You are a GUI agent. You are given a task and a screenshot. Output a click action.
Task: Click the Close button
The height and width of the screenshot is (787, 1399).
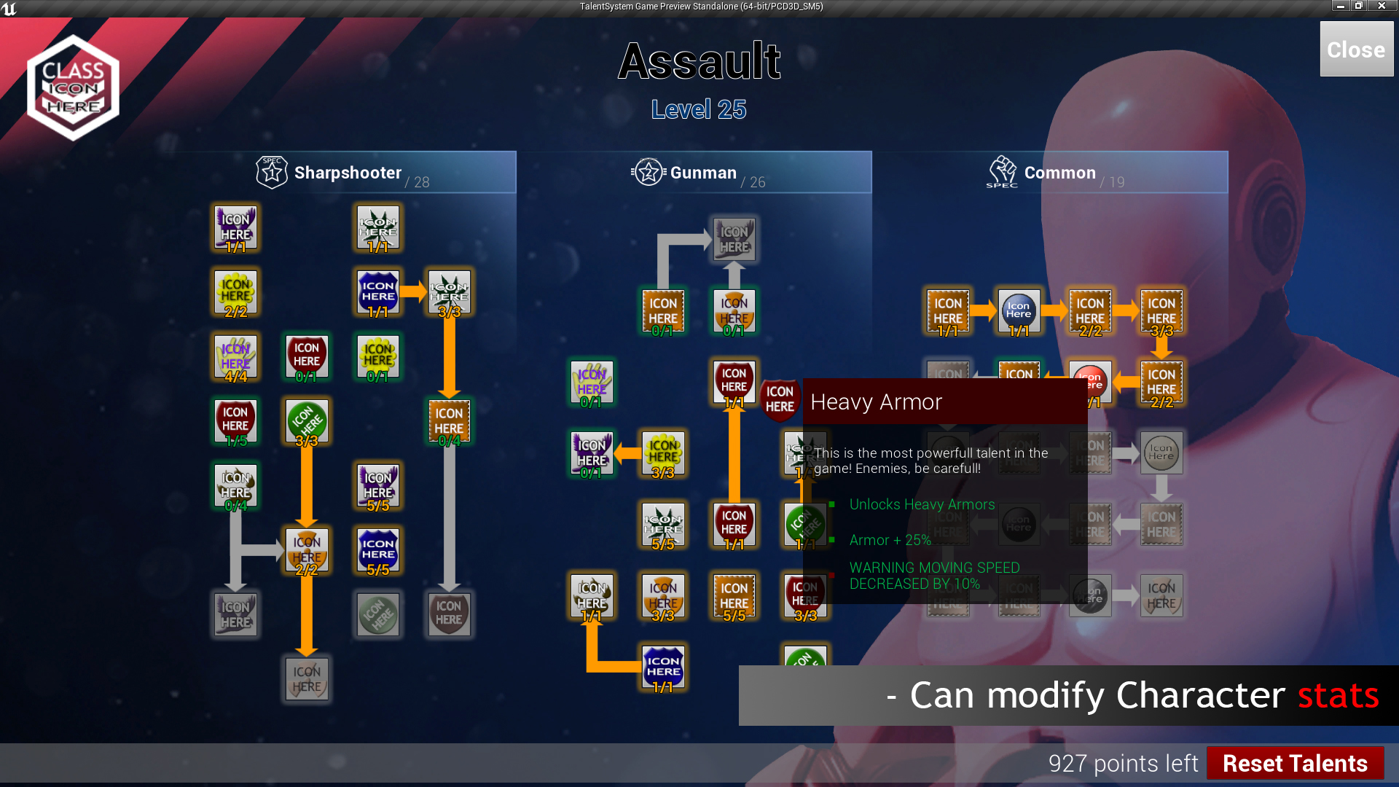[1356, 49]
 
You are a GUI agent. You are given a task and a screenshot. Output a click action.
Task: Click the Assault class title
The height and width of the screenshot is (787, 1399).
[699, 61]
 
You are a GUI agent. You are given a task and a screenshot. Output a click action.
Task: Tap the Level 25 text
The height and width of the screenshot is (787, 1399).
[699, 109]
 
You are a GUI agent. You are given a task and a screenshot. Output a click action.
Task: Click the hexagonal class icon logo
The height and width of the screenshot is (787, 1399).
[73, 87]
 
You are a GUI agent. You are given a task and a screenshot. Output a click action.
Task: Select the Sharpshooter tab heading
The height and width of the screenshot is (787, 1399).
[347, 173]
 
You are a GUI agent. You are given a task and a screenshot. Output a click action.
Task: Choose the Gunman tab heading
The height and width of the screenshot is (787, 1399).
[702, 173]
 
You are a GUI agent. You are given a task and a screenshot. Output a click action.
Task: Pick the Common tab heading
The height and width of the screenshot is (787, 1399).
[1059, 173]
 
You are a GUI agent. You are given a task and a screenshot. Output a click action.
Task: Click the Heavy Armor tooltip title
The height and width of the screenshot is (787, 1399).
[876, 402]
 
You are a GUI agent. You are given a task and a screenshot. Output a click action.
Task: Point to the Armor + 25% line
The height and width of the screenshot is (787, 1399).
[890, 540]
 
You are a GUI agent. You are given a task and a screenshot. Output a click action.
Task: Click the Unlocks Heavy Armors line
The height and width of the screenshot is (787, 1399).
[922, 504]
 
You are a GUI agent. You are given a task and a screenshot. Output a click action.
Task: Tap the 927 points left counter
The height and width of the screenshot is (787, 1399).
[1122, 763]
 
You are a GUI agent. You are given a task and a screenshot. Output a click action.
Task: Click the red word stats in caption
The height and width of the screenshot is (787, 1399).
[1338, 695]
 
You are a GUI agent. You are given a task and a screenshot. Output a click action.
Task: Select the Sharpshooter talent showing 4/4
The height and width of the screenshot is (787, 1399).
[235, 357]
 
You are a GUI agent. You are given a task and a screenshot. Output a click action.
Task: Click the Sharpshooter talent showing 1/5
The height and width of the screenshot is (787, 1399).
[235, 421]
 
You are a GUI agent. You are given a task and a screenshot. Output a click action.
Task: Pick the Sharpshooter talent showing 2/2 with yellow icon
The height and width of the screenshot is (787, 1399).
[235, 292]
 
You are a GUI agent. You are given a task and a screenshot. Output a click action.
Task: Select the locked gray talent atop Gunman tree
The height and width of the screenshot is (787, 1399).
[734, 239]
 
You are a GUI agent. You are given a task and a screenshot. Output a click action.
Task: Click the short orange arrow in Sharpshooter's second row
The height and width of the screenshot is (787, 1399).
[412, 291]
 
